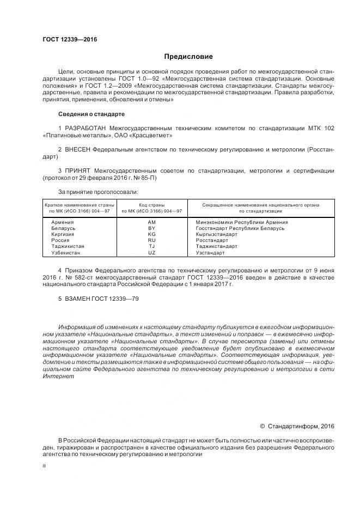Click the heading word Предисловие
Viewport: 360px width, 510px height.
(188, 57)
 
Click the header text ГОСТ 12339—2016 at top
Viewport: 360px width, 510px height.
(66, 39)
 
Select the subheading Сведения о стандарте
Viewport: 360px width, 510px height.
(91, 114)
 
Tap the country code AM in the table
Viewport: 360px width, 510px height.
(151, 222)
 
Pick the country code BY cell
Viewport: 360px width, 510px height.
(151, 228)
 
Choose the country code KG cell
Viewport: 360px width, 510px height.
(151, 234)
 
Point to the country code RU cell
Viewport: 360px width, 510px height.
(151, 240)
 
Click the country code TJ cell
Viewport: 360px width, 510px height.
(151, 246)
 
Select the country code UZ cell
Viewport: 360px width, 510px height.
(151, 253)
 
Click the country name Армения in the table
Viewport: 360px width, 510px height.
(63, 222)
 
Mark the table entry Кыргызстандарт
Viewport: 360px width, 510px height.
(216, 234)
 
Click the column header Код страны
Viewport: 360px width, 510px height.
(151, 205)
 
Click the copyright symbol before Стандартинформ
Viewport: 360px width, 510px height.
(262, 425)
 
